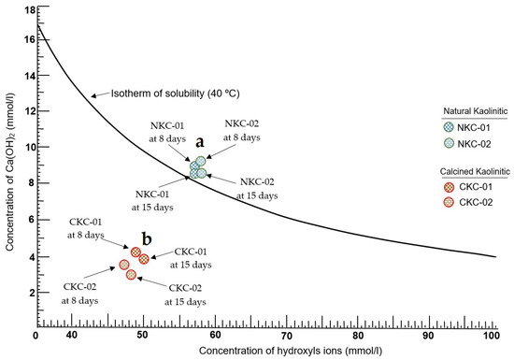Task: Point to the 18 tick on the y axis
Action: [x=28, y=9]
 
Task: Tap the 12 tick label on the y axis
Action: [x=28, y=111]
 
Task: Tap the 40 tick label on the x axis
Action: [x=69, y=335]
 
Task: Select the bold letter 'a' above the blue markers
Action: [x=199, y=140]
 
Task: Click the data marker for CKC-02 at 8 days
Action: [x=123, y=266]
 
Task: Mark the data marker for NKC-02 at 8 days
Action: [x=200, y=161]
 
